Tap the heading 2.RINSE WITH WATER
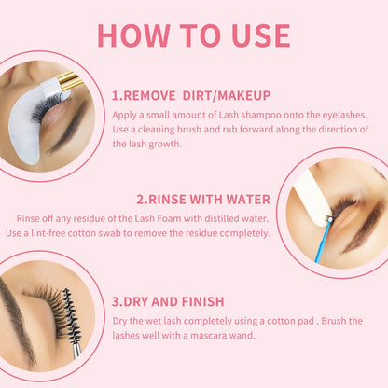203,199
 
